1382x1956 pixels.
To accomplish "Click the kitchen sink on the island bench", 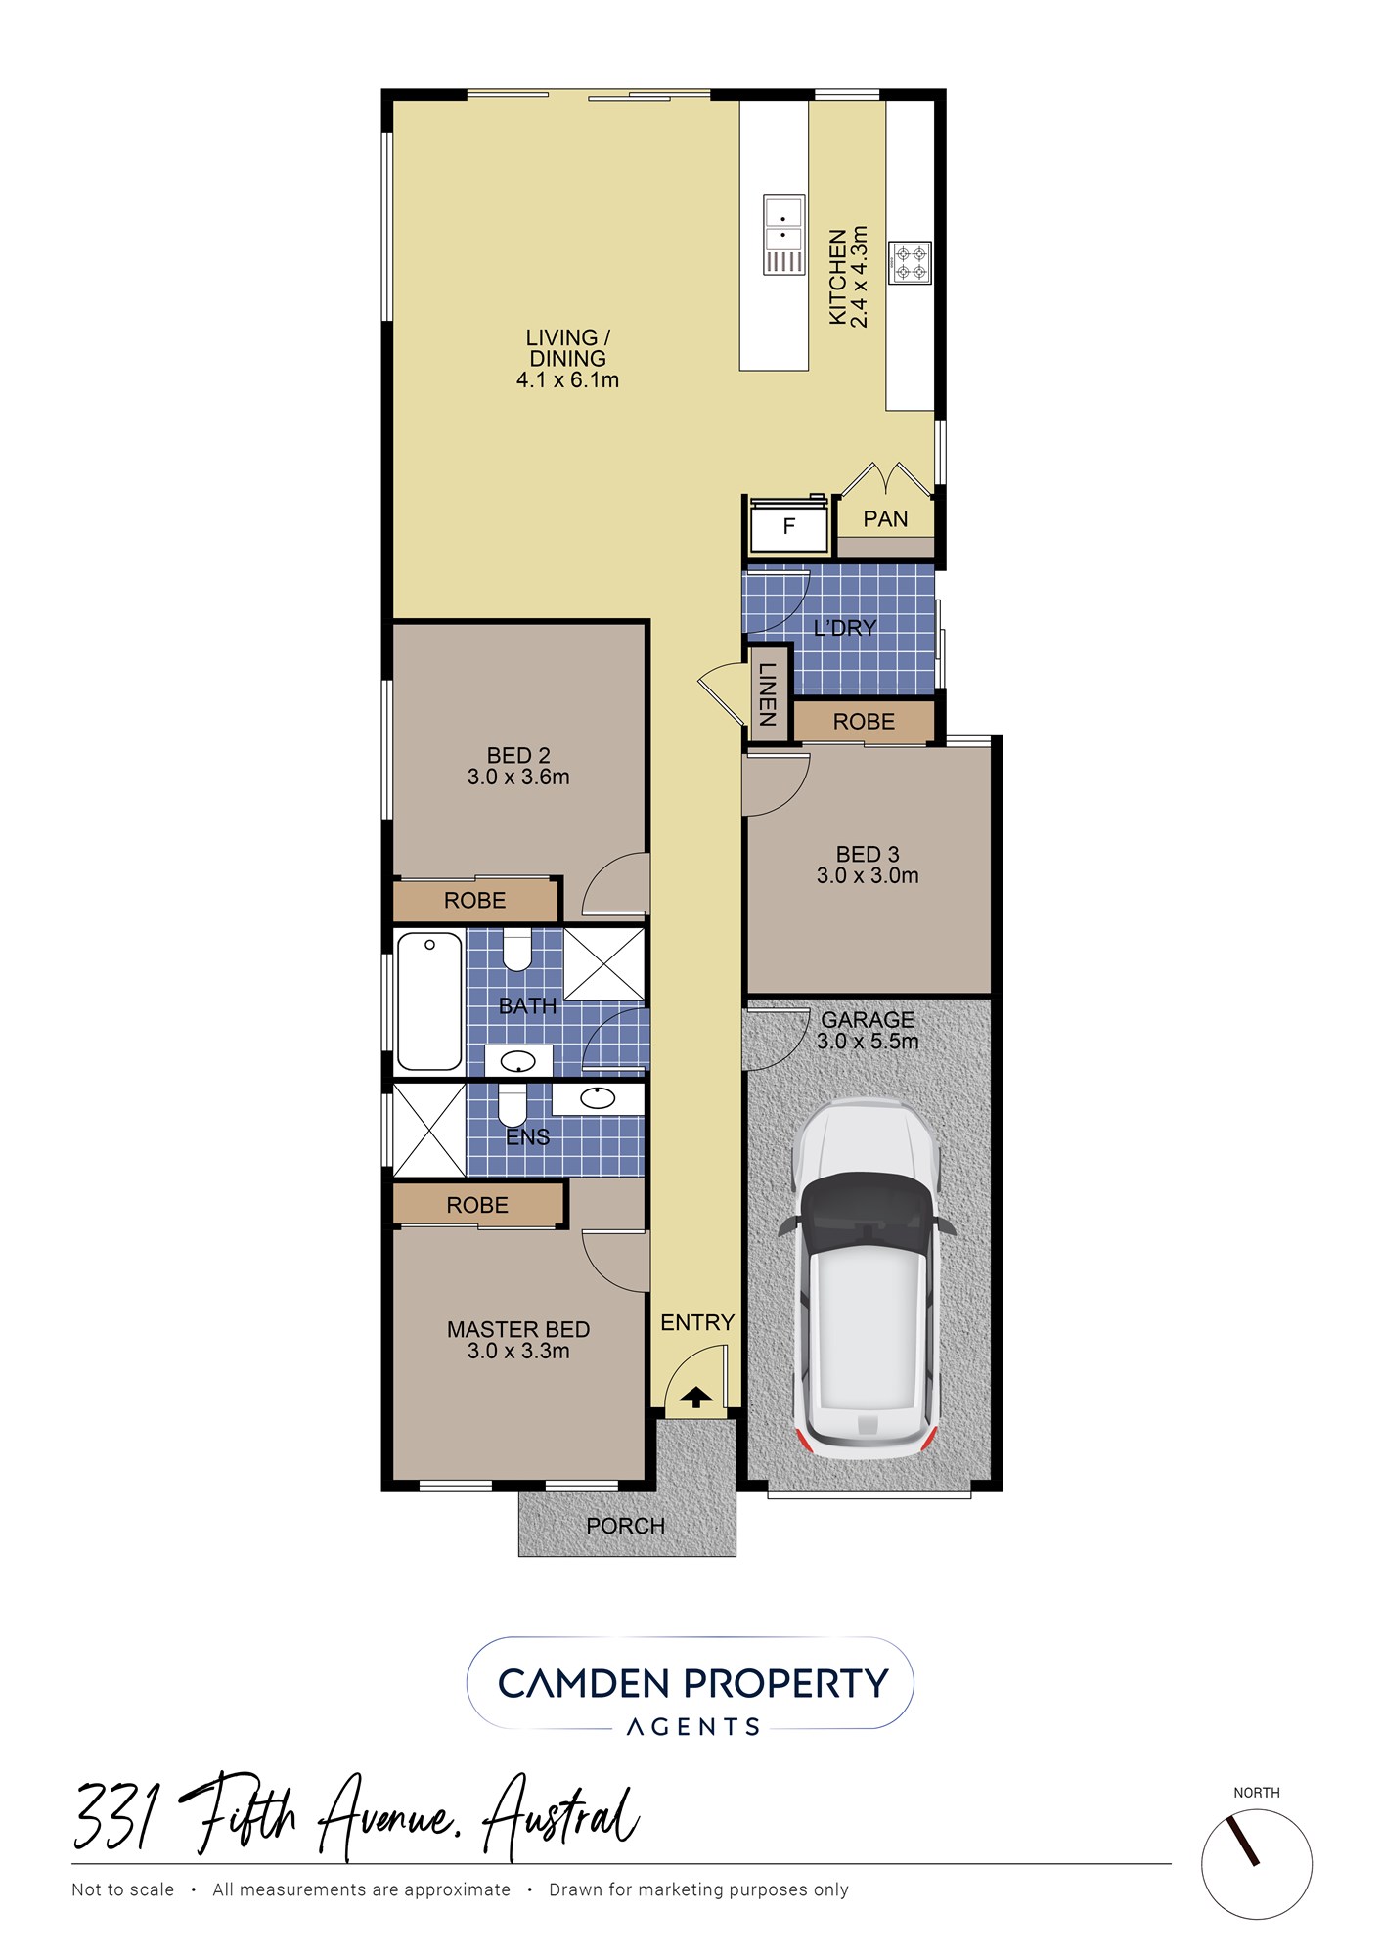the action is click(x=783, y=235).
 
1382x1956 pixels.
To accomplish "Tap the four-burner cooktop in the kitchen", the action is click(x=910, y=263).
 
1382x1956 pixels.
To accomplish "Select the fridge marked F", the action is click(x=788, y=527).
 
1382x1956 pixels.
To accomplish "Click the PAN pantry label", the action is click(x=885, y=519).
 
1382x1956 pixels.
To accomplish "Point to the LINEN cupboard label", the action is click(x=767, y=694).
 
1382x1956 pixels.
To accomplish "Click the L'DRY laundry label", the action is click(x=845, y=628).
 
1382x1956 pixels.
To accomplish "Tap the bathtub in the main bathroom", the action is click(x=429, y=1001).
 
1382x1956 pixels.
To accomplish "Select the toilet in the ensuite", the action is click(x=513, y=1104).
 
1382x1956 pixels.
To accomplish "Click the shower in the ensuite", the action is click(x=429, y=1130).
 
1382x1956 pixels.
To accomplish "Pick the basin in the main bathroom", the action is click(x=518, y=1060).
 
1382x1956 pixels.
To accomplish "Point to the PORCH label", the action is click(x=625, y=1526).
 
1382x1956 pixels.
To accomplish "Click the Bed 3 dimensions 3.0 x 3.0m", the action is click(x=868, y=876).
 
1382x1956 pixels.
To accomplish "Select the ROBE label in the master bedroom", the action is click(x=477, y=1206).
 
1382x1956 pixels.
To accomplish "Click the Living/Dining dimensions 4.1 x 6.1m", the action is click(x=567, y=380).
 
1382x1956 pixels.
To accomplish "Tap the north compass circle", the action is click(x=1257, y=1864).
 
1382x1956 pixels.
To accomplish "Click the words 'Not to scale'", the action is click(x=122, y=1889).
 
